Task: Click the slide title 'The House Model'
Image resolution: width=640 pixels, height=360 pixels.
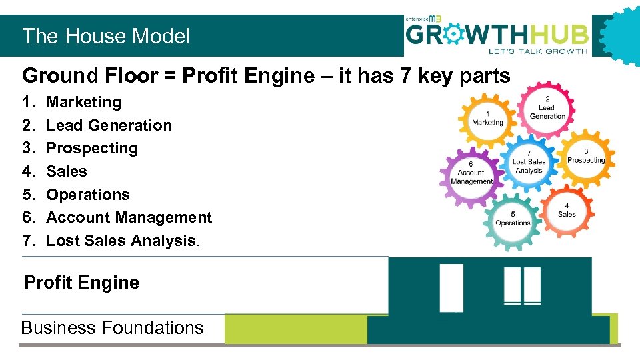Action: click(x=106, y=36)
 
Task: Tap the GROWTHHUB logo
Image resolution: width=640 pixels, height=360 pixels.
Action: click(x=497, y=35)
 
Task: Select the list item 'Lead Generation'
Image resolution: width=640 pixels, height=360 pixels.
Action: click(x=109, y=125)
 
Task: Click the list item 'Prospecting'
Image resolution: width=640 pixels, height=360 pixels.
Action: click(x=92, y=148)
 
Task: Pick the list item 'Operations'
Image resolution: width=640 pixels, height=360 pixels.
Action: click(x=88, y=195)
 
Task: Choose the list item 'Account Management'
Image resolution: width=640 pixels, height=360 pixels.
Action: click(x=129, y=217)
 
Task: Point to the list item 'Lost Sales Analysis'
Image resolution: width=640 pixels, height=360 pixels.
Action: click(x=121, y=241)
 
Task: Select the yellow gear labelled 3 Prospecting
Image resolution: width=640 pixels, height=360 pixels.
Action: click(x=586, y=156)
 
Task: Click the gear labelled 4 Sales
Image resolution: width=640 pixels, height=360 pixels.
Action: click(x=567, y=210)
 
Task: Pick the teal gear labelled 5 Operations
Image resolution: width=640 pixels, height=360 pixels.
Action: click(x=513, y=219)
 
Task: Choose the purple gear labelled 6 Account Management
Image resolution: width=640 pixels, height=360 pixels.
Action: click(x=471, y=173)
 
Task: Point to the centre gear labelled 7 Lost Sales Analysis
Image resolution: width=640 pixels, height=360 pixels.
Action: click(x=529, y=162)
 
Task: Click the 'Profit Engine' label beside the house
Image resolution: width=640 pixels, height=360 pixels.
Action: click(x=81, y=283)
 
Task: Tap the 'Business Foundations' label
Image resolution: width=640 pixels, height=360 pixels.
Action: click(x=112, y=328)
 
